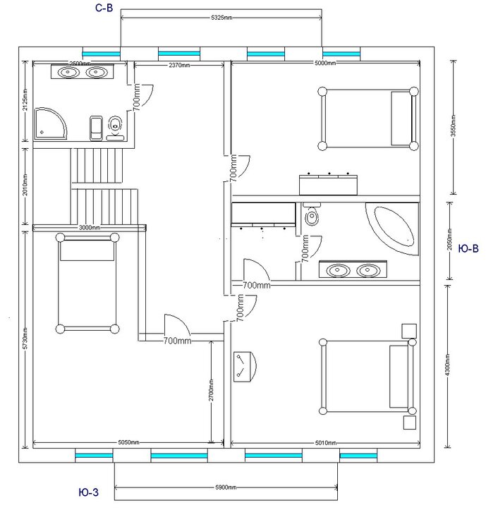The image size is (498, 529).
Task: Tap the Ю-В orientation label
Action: coord(469,248)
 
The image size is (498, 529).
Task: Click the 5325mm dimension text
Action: coord(222,16)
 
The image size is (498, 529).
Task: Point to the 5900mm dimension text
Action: coord(226,487)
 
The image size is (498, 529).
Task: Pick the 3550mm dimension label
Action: coord(453,127)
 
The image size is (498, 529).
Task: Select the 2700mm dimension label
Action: coord(212,388)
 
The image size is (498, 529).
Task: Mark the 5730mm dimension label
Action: coord(25,339)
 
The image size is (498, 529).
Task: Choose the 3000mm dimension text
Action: coord(89,228)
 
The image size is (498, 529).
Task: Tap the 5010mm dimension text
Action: coord(325,444)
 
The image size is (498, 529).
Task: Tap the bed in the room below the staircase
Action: coord(87,284)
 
